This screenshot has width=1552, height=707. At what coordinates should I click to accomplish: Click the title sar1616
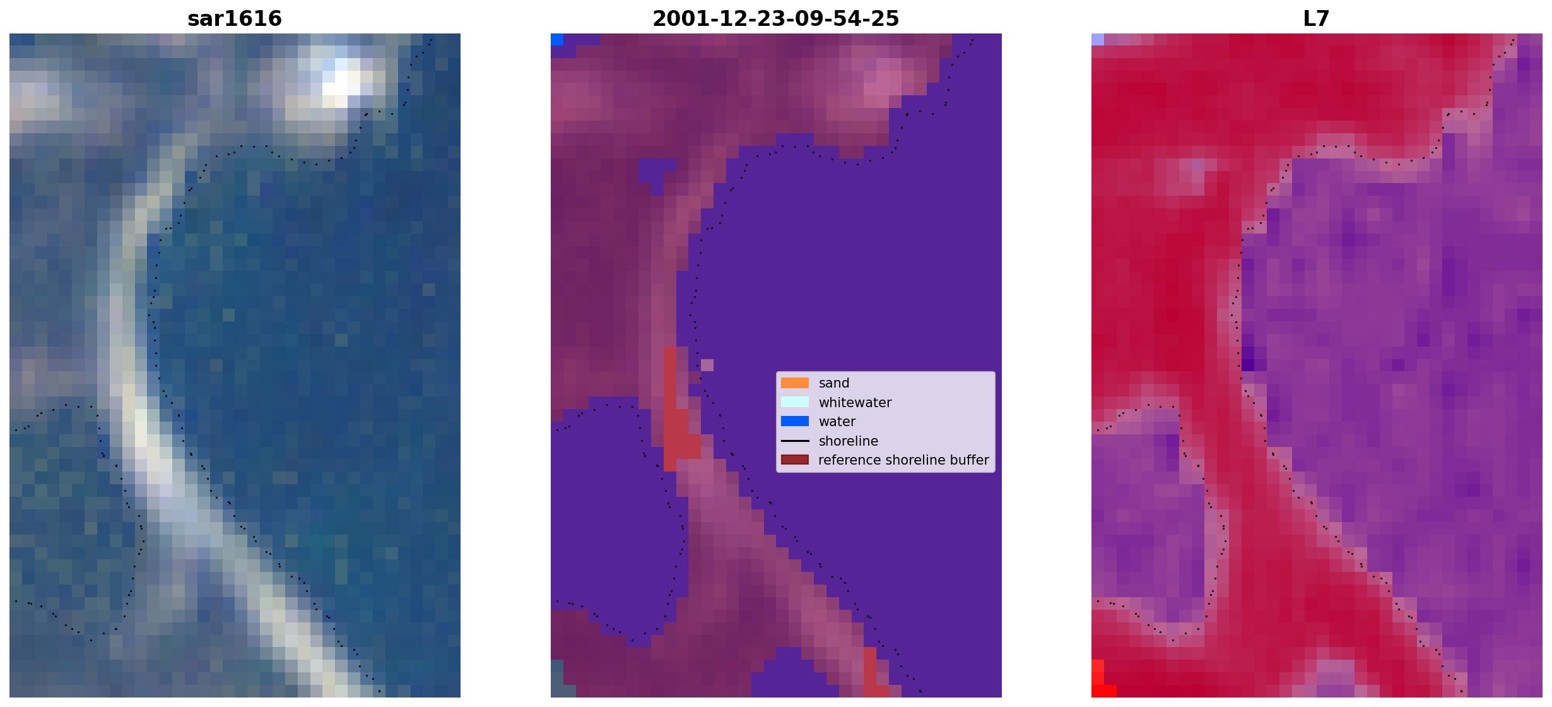click(x=235, y=18)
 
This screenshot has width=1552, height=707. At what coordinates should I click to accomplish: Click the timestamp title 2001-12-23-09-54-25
click(x=776, y=18)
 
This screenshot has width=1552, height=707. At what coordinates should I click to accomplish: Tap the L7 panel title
click(x=1317, y=18)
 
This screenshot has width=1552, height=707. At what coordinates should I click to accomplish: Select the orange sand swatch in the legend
click(x=795, y=383)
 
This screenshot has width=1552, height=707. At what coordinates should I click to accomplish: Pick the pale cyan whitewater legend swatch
click(x=795, y=402)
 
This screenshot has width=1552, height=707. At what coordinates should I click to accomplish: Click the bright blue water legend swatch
click(x=795, y=421)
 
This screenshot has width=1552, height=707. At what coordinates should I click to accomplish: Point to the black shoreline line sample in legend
click(x=795, y=441)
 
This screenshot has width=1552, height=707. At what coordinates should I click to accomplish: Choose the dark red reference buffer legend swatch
click(x=795, y=460)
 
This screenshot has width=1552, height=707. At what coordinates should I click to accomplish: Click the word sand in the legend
click(x=834, y=383)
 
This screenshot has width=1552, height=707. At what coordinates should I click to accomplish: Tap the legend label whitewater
click(x=855, y=403)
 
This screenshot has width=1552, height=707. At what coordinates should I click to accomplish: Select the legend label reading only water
click(x=837, y=422)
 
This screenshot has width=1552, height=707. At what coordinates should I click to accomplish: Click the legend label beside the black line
click(x=849, y=441)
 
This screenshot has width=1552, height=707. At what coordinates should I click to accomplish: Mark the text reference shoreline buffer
click(x=903, y=460)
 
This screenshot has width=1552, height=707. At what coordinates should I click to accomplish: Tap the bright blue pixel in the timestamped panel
click(x=557, y=39)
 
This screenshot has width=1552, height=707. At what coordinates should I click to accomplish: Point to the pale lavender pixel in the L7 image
click(x=1098, y=39)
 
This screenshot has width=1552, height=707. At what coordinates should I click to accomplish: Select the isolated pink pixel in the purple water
click(x=707, y=365)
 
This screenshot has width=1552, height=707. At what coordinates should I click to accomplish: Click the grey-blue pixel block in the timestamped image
click(x=557, y=678)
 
